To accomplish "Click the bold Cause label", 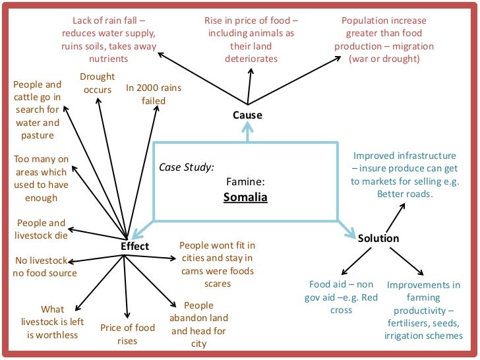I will (x=247, y=115).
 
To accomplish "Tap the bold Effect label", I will (x=135, y=247).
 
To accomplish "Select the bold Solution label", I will (x=378, y=238).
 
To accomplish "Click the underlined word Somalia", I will (x=245, y=196).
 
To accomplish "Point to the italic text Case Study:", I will (x=187, y=167).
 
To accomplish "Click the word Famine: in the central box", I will (x=245, y=181).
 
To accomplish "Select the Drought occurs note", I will (x=98, y=83).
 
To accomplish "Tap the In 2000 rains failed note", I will (x=154, y=94).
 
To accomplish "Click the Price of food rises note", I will (x=127, y=334).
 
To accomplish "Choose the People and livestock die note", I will (x=41, y=229).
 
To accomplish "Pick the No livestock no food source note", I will (x=45, y=266).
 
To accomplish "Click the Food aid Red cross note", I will (x=341, y=297).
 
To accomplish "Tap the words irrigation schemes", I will (x=423, y=336).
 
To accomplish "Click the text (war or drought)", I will (x=384, y=59).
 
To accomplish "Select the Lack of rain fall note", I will (x=109, y=40).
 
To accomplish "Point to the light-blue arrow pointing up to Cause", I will (x=247, y=133).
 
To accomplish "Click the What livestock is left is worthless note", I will (x=53, y=322).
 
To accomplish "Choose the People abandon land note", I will (x=198, y=324).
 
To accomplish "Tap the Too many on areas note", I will (x=41, y=178).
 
